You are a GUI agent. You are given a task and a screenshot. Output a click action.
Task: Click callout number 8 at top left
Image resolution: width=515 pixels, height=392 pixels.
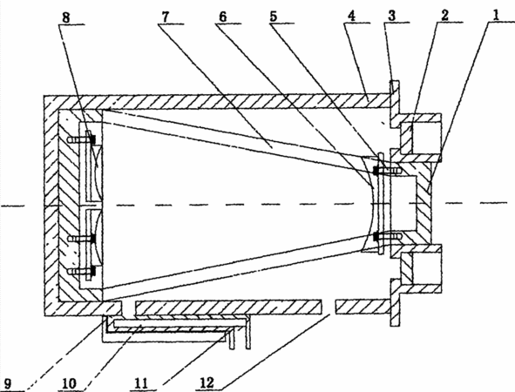(66, 17)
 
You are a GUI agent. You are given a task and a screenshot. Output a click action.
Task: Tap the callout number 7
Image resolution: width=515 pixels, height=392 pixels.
(166, 17)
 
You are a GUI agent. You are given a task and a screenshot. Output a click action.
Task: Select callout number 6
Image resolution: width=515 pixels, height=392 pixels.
(223, 17)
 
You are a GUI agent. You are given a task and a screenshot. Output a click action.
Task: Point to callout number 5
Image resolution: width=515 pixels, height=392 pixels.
(274, 17)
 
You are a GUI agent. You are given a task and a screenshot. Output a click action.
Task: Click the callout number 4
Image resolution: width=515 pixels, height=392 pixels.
(351, 16)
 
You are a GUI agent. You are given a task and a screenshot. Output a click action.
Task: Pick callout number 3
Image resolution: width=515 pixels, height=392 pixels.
(391, 16)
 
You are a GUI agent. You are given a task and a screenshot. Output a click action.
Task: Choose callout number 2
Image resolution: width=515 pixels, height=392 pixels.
(444, 16)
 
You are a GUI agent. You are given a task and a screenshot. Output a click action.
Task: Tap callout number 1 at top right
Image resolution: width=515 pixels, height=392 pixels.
(497, 15)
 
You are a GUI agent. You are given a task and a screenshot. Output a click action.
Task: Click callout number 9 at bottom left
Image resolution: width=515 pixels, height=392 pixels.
(8, 384)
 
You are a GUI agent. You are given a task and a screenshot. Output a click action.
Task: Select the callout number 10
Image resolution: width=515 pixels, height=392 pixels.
(69, 383)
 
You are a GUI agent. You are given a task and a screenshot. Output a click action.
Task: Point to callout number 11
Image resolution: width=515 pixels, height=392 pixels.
(141, 383)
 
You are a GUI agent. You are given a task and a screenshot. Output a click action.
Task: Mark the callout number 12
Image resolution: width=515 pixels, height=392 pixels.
(207, 382)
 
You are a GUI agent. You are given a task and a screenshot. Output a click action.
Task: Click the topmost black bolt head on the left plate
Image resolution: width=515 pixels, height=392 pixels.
(93, 139)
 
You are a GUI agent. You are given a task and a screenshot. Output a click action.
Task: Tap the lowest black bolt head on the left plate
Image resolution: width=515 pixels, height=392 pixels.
(93, 271)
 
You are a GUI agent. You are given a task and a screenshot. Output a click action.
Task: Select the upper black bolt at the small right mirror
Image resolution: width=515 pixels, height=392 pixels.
(376, 171)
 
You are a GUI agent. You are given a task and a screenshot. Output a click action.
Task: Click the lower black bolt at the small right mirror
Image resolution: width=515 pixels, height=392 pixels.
(376, 236)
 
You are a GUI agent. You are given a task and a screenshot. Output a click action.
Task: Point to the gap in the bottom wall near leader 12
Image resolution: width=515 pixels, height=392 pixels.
(329, 307)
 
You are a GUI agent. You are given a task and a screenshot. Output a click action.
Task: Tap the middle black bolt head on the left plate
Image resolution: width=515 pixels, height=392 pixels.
(93, 239)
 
